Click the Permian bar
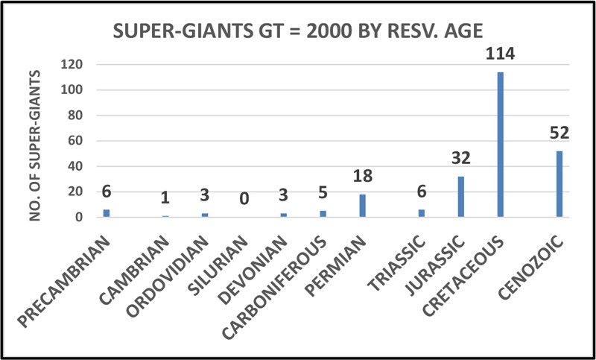(362, 206)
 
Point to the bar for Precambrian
(106, 213)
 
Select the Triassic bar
(421, 213)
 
